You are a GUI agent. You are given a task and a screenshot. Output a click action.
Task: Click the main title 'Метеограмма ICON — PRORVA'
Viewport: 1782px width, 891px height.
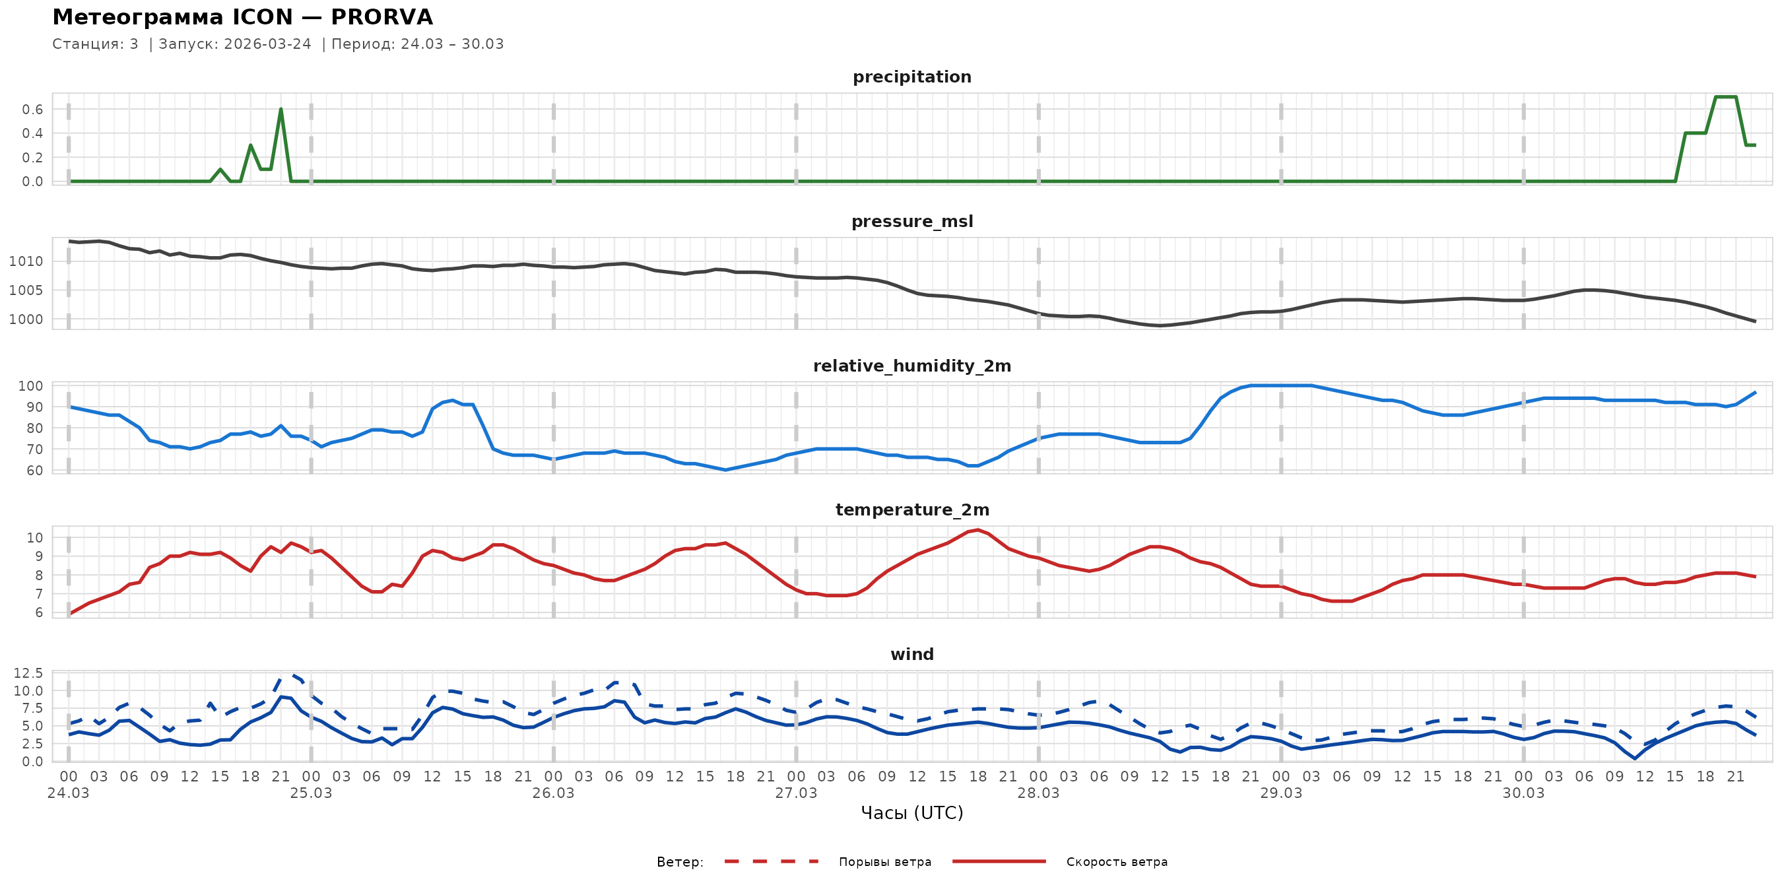242,17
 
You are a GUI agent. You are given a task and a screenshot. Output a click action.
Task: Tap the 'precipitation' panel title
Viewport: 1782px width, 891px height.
911,77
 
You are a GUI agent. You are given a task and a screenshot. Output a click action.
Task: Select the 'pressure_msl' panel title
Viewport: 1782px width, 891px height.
911,221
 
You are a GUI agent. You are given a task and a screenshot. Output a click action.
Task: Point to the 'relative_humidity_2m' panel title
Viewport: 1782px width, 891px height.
911,366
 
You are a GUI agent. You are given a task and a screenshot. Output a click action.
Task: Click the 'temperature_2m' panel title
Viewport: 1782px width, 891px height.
911,510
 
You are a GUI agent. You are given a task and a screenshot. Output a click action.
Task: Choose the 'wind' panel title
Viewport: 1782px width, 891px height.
911,655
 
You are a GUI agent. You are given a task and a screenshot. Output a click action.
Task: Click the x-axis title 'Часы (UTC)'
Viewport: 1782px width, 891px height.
911,813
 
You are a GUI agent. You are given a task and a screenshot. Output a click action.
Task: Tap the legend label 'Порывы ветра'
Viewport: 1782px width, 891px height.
885,862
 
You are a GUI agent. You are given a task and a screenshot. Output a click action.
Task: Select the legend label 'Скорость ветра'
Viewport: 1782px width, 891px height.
1117,862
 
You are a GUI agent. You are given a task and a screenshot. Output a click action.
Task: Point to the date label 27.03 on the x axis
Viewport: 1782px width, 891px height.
795,793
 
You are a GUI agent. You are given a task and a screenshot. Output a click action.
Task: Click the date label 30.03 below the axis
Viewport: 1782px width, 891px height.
1523,793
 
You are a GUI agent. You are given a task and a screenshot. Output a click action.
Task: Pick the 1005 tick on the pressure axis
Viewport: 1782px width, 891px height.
26,290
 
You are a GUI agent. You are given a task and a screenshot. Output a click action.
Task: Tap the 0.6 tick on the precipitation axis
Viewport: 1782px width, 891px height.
32,110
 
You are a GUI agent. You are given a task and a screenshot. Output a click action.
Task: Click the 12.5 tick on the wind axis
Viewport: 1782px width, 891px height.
28,673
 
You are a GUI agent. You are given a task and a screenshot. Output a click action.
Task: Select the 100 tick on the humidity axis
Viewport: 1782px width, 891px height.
30,386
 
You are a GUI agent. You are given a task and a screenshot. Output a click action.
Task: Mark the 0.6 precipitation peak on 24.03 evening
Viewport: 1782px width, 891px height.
281,109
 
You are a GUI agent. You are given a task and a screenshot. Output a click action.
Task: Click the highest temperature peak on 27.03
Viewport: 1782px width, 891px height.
977,530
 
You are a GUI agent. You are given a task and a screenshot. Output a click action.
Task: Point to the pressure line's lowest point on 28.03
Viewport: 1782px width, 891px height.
1160,325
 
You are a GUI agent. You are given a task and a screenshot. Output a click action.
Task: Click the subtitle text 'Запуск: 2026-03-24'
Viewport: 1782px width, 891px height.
235,44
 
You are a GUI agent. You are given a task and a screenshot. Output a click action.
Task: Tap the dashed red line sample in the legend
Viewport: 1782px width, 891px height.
772,862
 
